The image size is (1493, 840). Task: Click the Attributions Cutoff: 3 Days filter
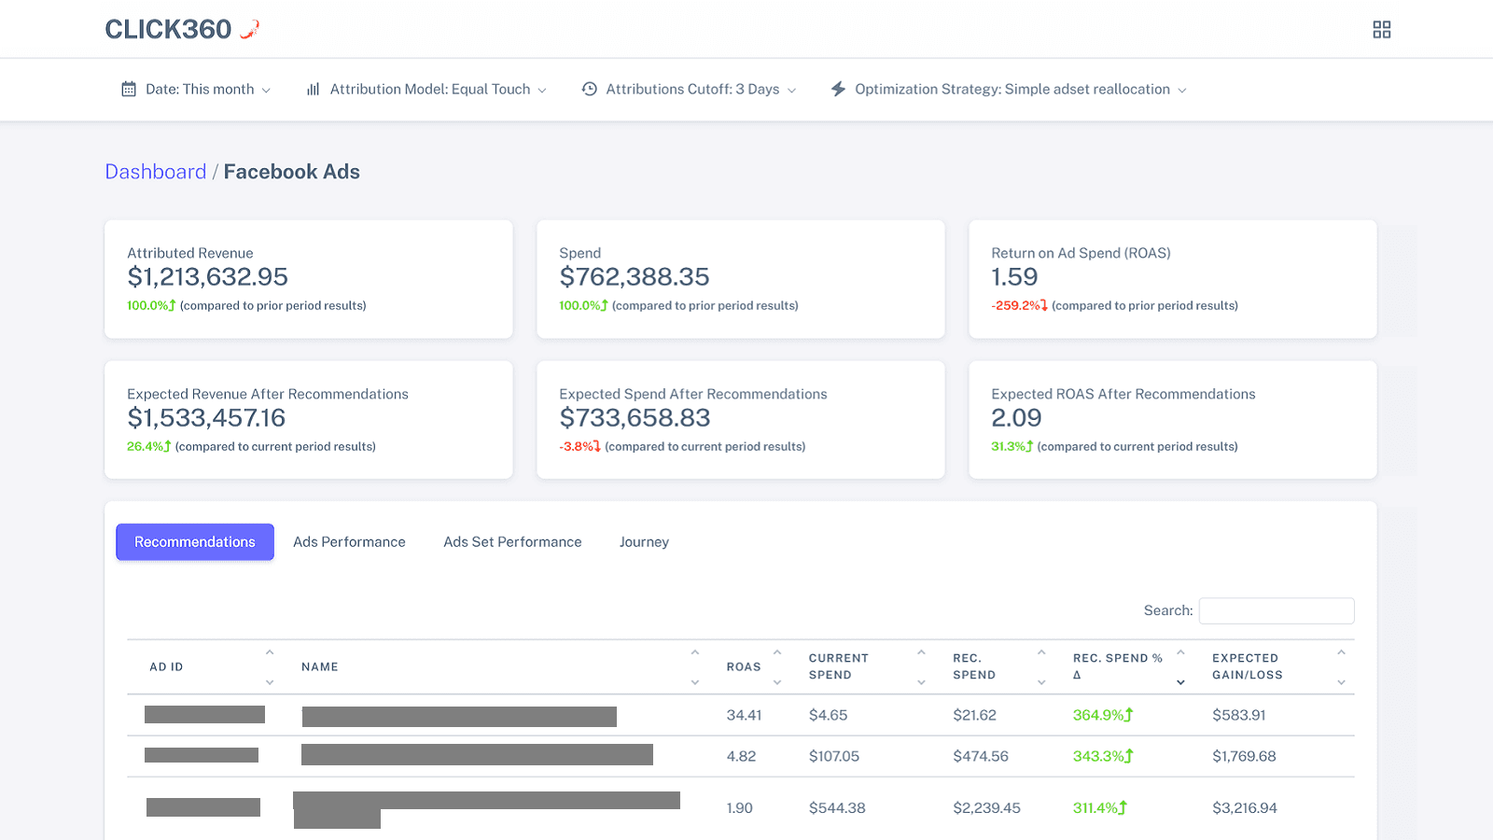point(690,90)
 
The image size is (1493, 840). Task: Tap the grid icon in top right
point(1382,30)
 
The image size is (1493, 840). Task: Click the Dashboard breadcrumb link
point(155,172)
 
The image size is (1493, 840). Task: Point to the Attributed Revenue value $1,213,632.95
point(207,277)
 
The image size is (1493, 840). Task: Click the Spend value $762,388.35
point(635,277)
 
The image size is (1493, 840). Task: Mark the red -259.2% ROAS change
point(1018,306)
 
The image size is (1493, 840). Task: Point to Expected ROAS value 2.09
point(1016,418)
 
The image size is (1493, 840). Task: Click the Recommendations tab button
point(195,542)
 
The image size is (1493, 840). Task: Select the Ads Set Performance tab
point(512,542)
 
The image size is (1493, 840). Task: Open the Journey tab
point(644,542)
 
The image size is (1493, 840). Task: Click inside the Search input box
point(1276,610)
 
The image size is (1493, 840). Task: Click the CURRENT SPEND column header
point(839,666)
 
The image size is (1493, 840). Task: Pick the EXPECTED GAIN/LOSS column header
point(1247,666)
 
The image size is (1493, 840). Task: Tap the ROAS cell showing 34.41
point(744,716)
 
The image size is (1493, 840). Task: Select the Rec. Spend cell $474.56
point(980,757)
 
